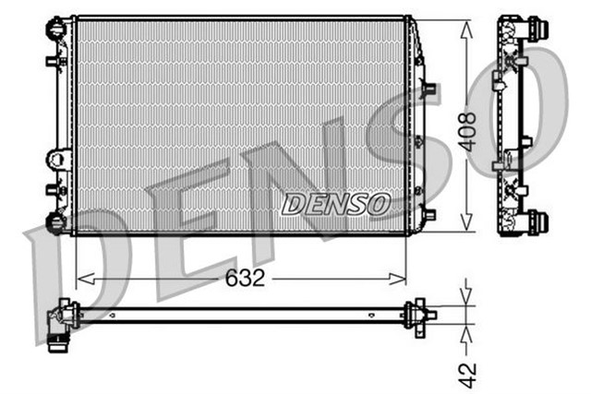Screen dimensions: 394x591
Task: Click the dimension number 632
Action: click(243, 278)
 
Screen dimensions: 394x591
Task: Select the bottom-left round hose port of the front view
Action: click(55, 222)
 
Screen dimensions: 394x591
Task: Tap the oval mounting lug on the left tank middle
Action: click(56, 159)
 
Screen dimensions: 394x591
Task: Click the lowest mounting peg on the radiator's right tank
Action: click(428, 213)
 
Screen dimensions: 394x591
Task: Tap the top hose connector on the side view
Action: click(536, 28)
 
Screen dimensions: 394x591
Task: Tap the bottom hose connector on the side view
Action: click(536, 221)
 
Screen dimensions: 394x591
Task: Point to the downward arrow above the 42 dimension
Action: click(467, 297)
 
